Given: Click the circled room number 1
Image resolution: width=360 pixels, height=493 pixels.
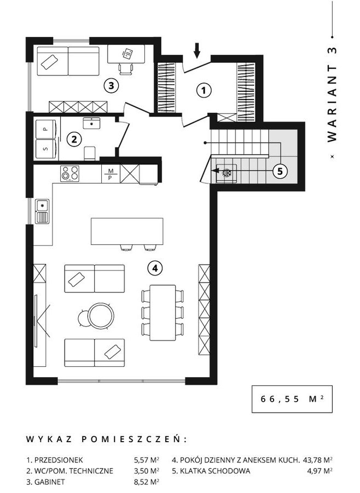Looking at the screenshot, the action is [x=204, y=91].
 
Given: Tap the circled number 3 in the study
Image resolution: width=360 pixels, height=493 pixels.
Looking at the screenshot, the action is [x=111, y=85].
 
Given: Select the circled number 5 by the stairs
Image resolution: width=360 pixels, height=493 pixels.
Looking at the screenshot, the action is [x=280, y=172].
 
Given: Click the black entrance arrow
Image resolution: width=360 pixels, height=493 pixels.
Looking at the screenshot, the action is [x=197, y=51].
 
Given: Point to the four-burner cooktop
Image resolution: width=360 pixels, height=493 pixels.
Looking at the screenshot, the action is [x=70, y=174].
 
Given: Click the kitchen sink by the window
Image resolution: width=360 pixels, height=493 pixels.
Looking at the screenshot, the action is [x=42, y=212].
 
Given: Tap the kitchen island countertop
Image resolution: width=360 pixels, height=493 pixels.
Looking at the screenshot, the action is [x=127, y=231].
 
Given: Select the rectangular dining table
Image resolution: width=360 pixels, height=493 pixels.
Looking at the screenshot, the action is [x=162, y=313].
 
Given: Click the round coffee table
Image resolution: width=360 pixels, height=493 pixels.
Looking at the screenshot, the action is [x=101, y=315].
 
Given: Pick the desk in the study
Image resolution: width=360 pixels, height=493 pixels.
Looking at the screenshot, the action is [x=126, y=54].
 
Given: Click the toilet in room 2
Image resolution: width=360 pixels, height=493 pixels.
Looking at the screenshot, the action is [x=90, y=154].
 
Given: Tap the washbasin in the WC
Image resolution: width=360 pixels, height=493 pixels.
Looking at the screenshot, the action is [x=91, y=123].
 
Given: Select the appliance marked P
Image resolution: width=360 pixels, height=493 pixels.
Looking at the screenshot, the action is [x=46, y=129].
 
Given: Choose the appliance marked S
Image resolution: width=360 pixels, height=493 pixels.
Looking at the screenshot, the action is [x=46, y=149].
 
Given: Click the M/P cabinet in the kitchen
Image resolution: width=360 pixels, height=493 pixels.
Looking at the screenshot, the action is [x=111, y=174].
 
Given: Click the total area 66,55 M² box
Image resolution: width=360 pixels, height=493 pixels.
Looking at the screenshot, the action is [x=292, y=399].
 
